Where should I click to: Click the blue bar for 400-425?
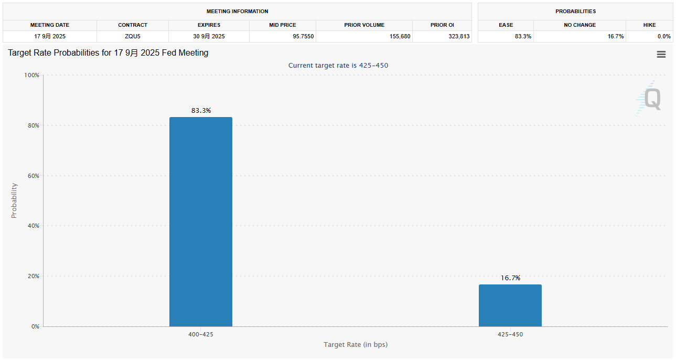point(200,221)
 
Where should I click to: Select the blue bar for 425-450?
point(510,305)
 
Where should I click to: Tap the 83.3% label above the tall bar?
point(201,111)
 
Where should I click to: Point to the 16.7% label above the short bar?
point(510,278)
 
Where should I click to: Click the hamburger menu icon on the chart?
point(661,55)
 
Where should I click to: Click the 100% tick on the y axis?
point(32,75)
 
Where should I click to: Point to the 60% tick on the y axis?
point(33,176)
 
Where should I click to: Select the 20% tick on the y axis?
point(33,276)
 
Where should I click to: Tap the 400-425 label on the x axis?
point(201,334)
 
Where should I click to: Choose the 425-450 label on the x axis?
point(510,334)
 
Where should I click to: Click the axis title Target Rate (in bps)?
point(356,345)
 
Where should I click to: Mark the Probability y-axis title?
point(14,200)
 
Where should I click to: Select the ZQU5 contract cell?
point(132,36)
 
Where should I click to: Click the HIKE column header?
point(649,25)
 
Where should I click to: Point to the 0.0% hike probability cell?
point(663,36)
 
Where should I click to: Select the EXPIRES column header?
point(209,25)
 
